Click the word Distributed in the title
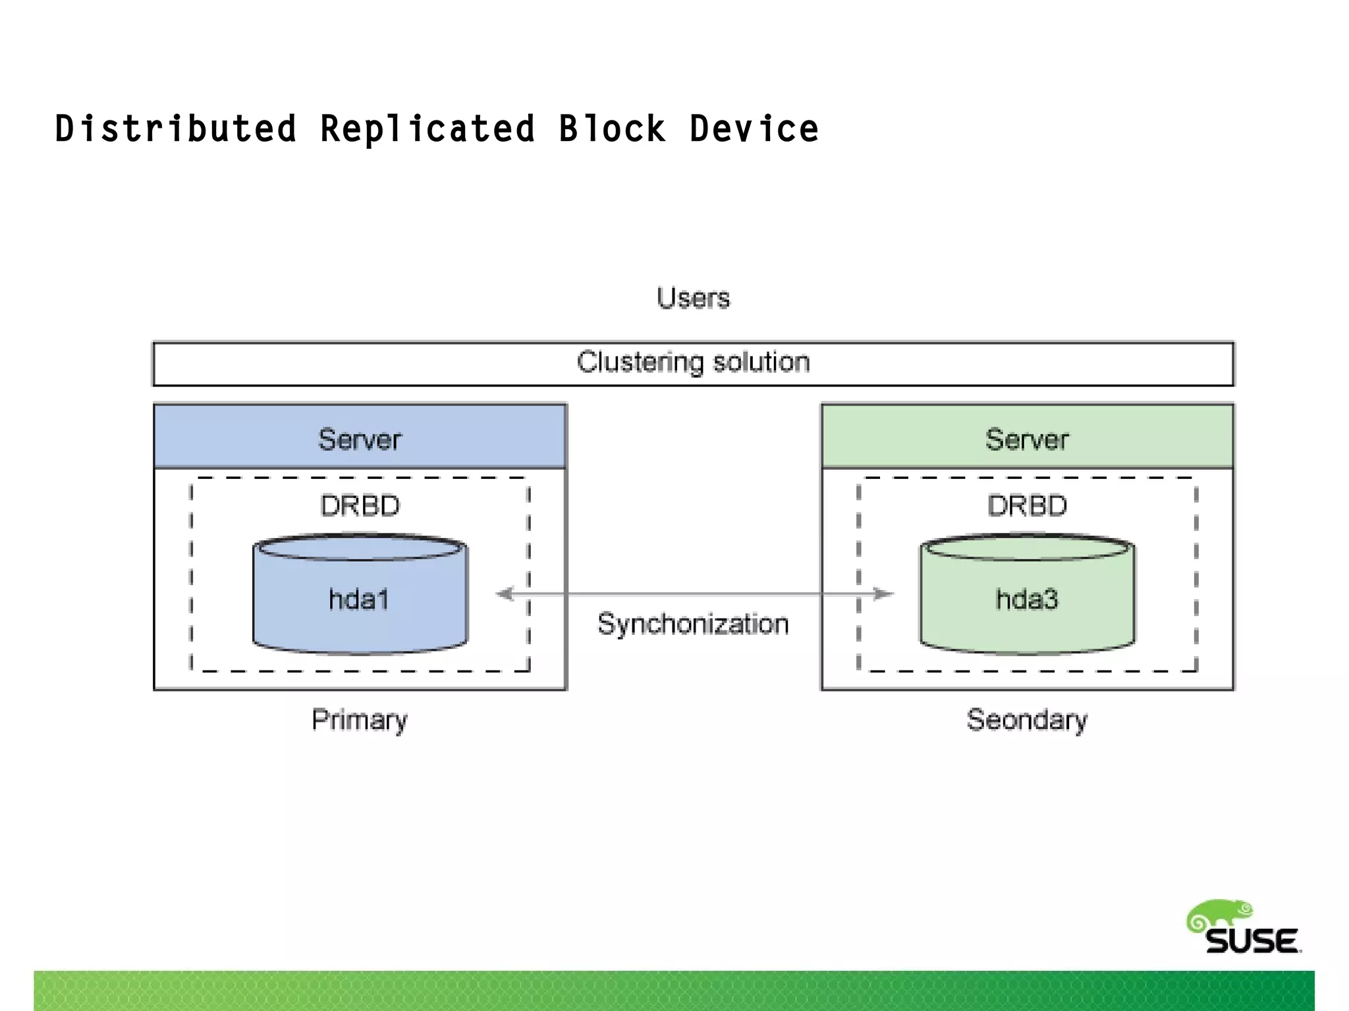pyautogui.click(x=175, y=129)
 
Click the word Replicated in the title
pyautogui.click(x=427, y=129)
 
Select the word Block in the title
pyautogui.click(x=612, y=129)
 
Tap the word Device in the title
pyautogui.click(x=754, y=129)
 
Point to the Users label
pyautogui.click(x=693, y=298)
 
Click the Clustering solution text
pyautogui.click(x=693, y=362)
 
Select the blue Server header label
pyautogui.click(x=360, y=439)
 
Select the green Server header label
pyautogui.click(x=1027, y=439)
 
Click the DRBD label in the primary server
pyautogui.click(x=360, y=506)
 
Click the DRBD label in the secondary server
pyautogui.click(x=1027, y=506)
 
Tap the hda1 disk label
pyautogui.click(x=359, y=599)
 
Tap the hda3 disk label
pyautogui.click(x=1027, y=599)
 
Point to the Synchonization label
pyautogui.click(x=693, y=624)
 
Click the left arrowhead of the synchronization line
pyautogui.click(x=505, y=594)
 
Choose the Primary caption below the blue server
pyautogui.click(x=360, y=720)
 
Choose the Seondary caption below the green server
pyautogui.click(x=1027, y=720)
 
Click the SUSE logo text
pyautogui.click(x=1252, y=941)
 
